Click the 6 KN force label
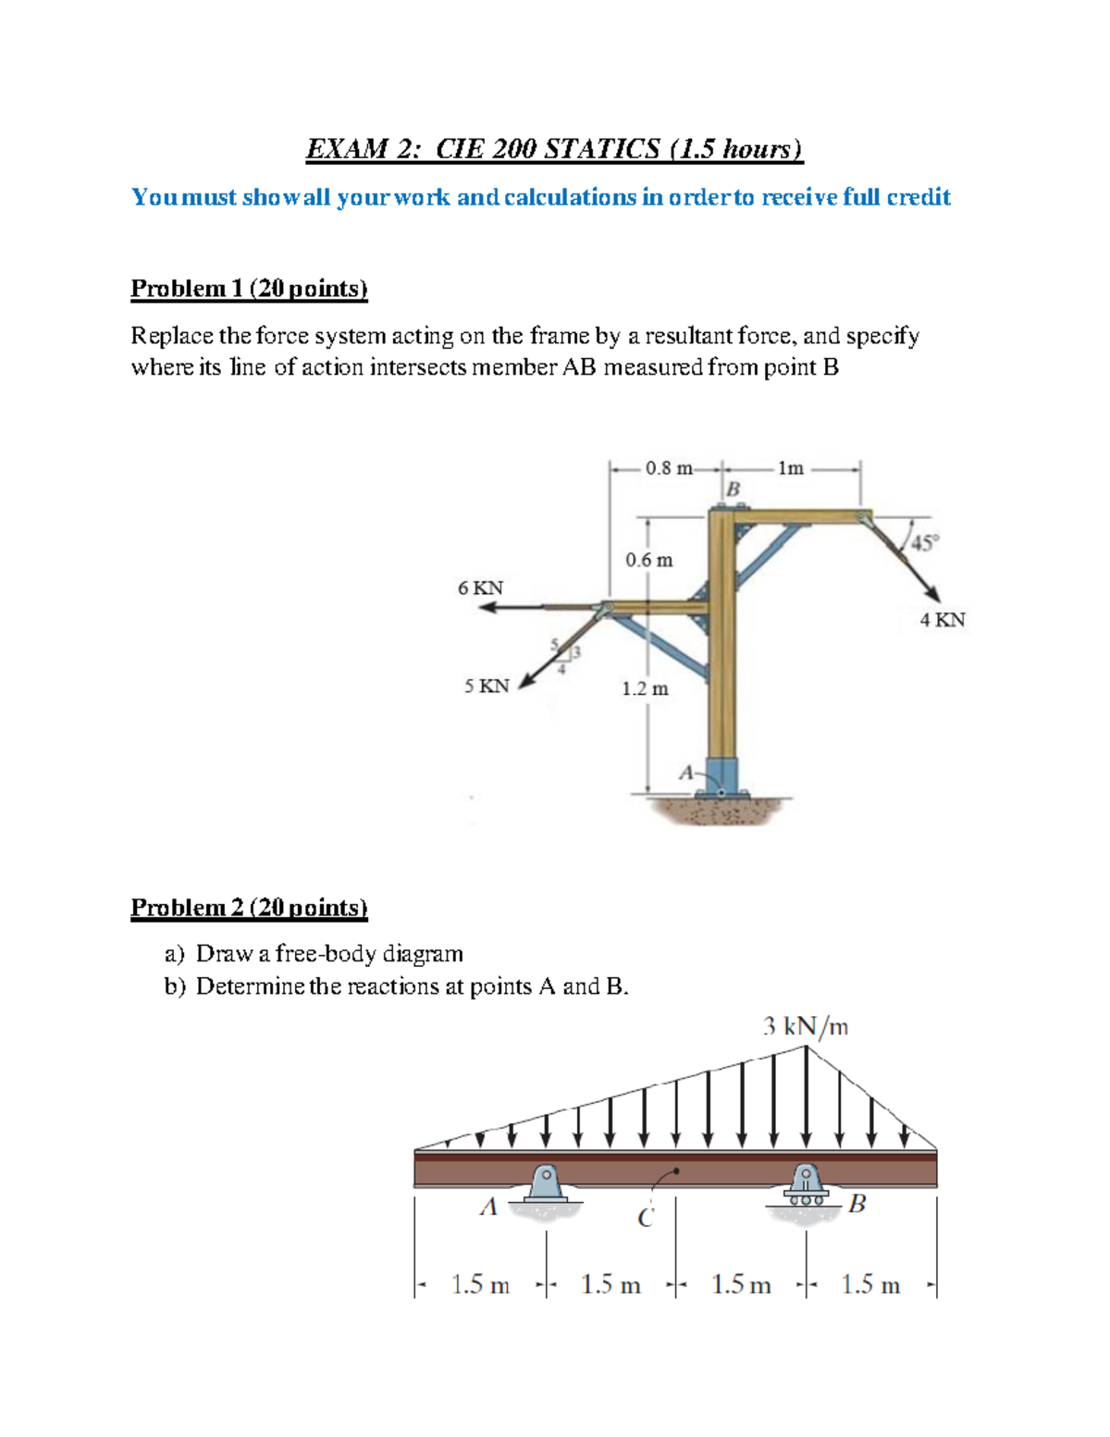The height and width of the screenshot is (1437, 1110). click(480, 588)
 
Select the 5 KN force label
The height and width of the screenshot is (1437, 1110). click(487, 687)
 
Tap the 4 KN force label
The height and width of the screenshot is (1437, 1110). click(942, 620)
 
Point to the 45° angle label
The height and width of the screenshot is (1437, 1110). click(923, 543)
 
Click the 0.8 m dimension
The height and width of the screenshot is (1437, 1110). click(668, 468)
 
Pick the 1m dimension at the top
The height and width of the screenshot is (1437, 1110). click(790, 468)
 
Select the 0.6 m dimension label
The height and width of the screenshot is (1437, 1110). click(648, 561)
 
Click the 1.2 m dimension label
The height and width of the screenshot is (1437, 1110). click(645, 689)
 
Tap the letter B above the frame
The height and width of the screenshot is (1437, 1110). click(734, 489)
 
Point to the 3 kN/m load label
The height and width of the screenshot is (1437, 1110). click(805, 1026)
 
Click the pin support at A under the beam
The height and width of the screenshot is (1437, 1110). click(546, 1184)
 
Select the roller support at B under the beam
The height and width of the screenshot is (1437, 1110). click(806, 1184)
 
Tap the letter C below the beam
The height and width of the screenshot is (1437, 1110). click(646, 1218)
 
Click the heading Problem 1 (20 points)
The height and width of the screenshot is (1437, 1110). click(249, 289)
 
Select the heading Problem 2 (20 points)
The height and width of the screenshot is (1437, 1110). click(249, 908)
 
